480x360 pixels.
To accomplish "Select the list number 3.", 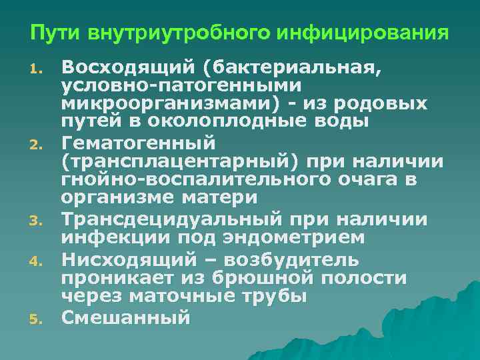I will tap(37, 219).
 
